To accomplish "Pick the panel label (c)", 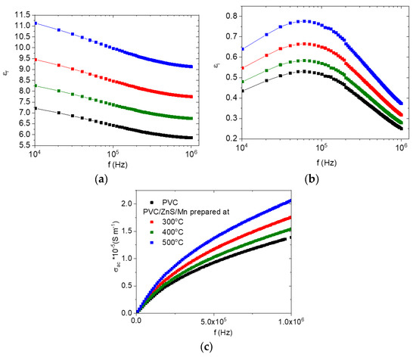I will point(208,349).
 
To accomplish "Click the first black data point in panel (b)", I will point(242,91).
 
